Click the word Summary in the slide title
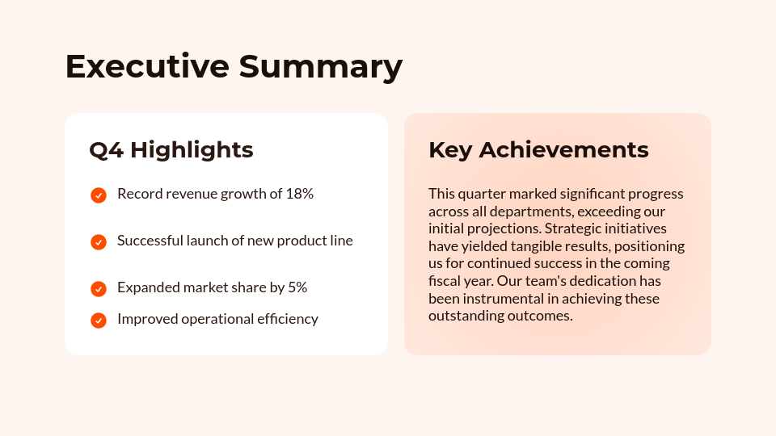320,66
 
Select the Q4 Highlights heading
171,150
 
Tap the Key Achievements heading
538,150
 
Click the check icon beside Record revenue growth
99,195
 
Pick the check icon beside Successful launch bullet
99,241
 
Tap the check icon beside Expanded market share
99,288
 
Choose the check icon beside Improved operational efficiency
99,320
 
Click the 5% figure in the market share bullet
297,287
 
